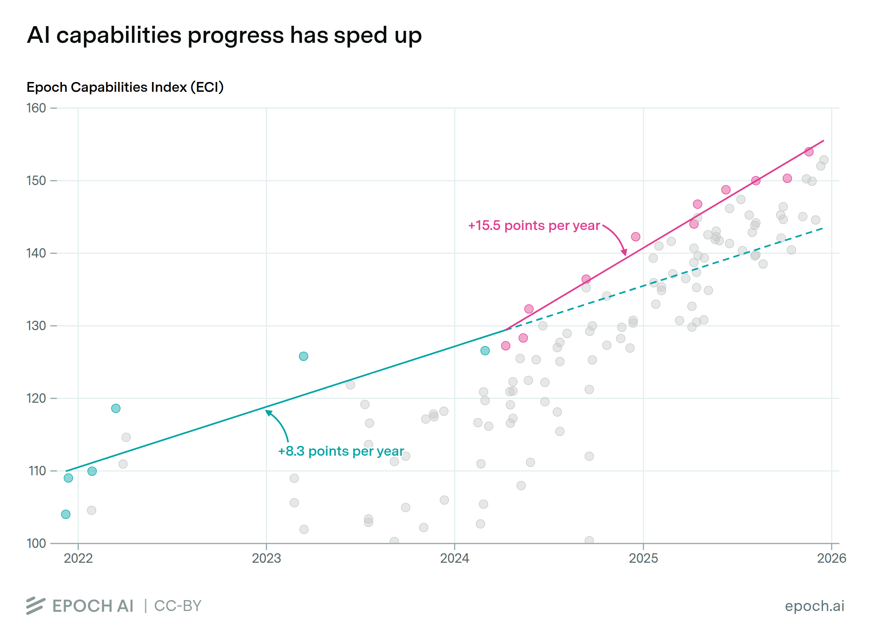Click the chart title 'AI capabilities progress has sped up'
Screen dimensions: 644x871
(224, 36)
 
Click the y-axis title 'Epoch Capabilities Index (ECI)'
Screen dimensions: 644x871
(125, 87)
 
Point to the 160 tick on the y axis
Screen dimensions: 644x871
(36, 108)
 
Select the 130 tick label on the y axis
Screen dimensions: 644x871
(36, 326)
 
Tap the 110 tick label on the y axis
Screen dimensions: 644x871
(37, 471)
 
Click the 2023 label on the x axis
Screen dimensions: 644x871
(266, 558)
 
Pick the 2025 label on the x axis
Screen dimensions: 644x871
(643, 558)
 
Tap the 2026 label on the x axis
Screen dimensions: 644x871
(831, 558)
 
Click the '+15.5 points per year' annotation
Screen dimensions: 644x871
(534, 226)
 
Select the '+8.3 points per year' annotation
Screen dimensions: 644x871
(341, 451)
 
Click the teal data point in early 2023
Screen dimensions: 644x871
(303, 356)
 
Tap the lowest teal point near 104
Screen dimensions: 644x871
(66, 514)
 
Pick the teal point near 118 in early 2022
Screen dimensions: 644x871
(116, 409)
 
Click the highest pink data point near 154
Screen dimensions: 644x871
(809, 152)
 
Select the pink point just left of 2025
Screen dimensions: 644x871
(635, 237)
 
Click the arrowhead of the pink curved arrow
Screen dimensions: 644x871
(625, 253)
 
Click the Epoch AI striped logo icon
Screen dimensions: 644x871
(36, 606)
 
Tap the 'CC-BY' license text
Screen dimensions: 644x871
(178, 606)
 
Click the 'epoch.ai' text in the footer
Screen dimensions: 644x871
(814, 606)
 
